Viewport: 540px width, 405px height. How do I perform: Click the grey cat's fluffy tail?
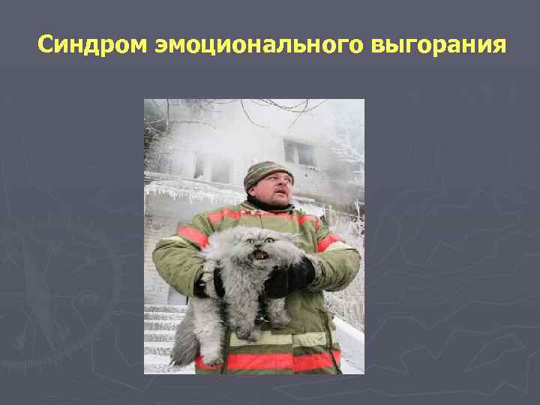tap(183, 341)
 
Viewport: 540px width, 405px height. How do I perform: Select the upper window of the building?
tap(299, 153)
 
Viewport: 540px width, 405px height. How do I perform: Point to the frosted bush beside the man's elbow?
tap(349, 300)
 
